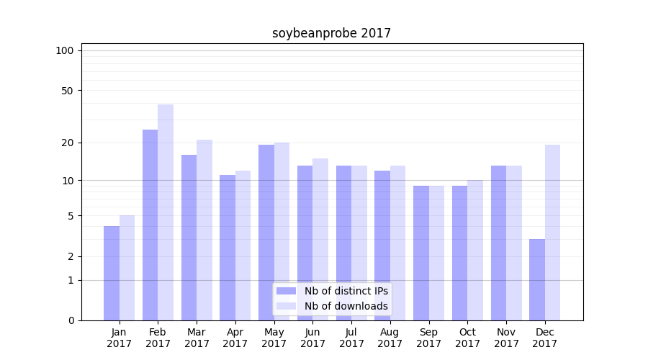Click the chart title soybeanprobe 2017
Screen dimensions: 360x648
coord(331,33)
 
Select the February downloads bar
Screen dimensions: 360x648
coord(166,212)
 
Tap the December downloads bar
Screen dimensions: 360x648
coord(552,233)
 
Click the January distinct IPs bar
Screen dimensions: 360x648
coord(112,273)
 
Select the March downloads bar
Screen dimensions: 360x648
coord(204,230)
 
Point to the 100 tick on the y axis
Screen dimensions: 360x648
coord(65,50)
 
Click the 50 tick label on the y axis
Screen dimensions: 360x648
coord(67,91)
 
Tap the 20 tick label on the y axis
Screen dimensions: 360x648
coord(67,143)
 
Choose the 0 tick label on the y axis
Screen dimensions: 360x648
coord(71,320)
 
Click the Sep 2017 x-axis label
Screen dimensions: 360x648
coord(428,338)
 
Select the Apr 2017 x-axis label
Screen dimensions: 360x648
coord(235,338)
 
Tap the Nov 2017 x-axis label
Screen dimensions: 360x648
coord(506,338)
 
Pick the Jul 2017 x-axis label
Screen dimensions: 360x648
coord(351,338)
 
